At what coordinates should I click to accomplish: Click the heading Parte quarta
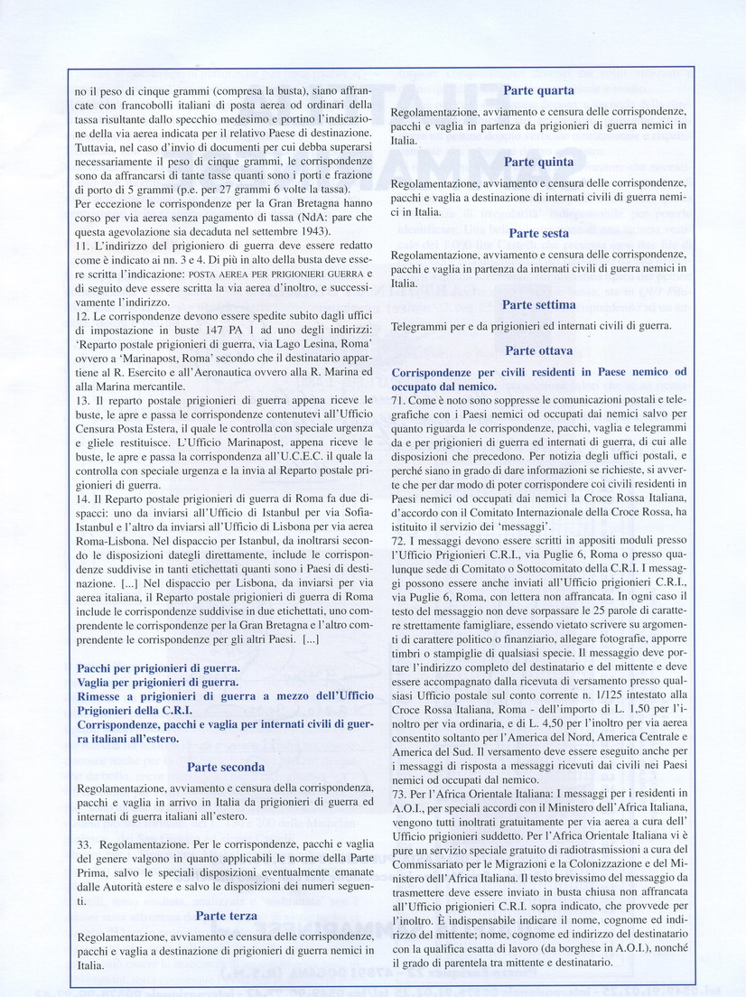tap(538, 90)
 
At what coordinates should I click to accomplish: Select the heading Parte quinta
tap(538, 162)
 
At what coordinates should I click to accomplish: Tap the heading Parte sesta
tap(538, 233)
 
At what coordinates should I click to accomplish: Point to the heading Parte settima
tap(538, 304)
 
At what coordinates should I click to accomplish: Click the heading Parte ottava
tap(538, 350)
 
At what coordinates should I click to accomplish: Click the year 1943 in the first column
tap(303, 230)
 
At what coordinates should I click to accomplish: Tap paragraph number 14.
tap(84, 498)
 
